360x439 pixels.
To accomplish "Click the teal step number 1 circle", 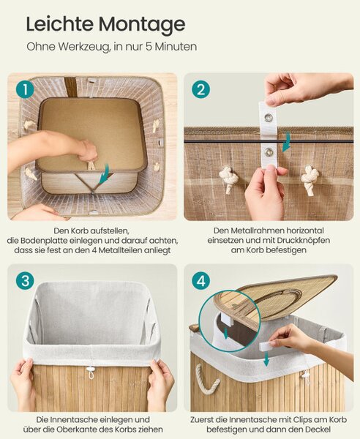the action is [x=25, y=89].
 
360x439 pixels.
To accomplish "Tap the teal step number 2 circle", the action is [x=200, y=89].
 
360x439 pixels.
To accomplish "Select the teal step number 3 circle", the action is [x=25, y=280].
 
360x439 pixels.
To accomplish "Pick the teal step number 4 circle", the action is [x=201, y=280].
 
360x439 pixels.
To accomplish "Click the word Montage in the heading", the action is [x=142, y=25].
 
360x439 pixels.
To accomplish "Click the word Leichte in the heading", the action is [x=59, y=24].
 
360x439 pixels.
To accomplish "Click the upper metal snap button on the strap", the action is [x=269, y=116].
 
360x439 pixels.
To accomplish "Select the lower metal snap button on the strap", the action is [x=269, y=152].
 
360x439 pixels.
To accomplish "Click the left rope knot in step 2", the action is [x=227, y=180].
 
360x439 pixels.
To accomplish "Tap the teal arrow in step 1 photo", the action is [x=104, y=174].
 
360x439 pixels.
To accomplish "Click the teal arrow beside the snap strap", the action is [x=287, y=142].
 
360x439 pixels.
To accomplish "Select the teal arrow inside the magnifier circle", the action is [x=226, y=333].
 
